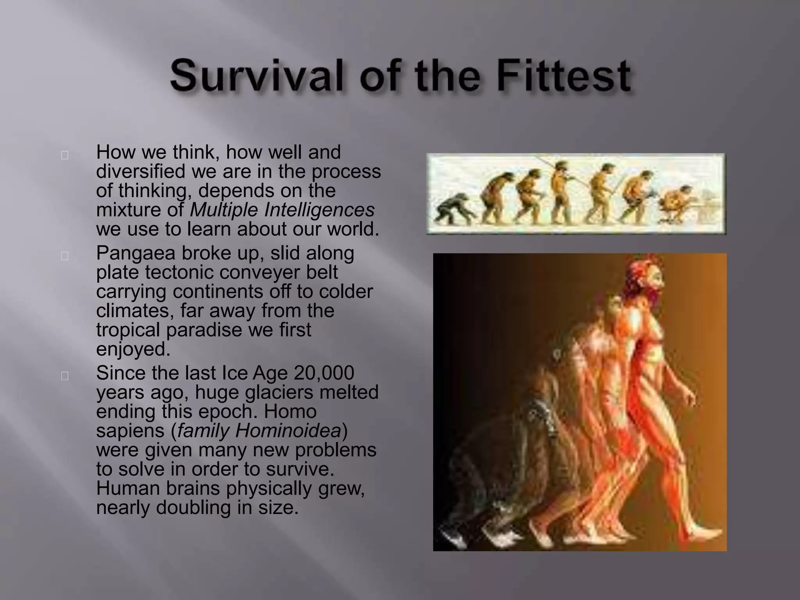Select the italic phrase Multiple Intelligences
click(282, 210)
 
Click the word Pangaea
click(136, 253)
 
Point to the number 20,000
click(324, 373)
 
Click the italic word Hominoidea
click(288, 430)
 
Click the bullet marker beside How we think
click(65, 155)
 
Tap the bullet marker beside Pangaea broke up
click(65, 256)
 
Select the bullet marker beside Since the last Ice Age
click(65, 376)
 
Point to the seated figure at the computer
click(678, 203)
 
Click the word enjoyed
click(133, 349)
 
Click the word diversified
click(141, 171)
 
